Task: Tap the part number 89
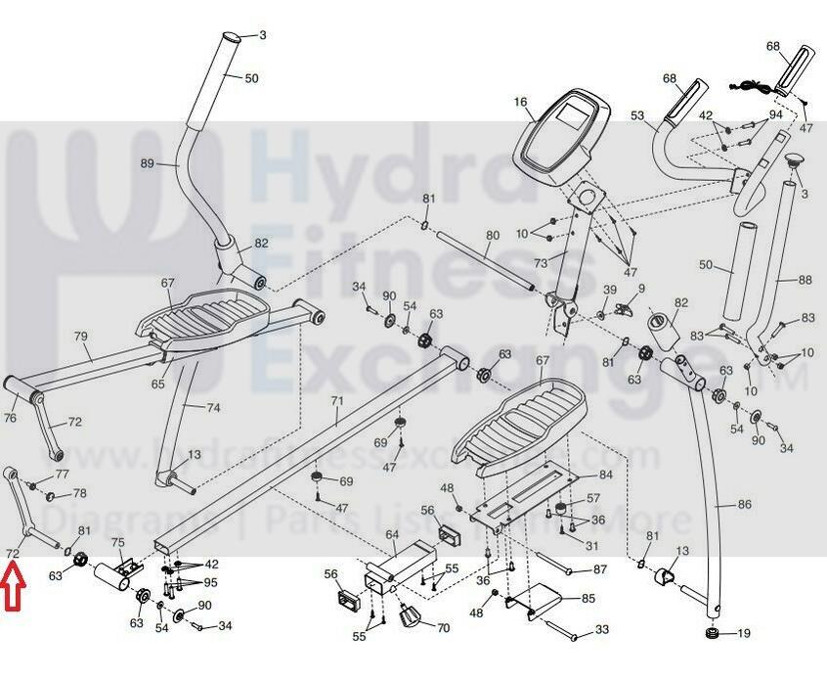[x=148, y=163]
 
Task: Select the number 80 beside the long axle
[x=493, y=236]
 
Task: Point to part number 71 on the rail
[x=337, y=401]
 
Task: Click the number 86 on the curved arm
[x=745, y=505]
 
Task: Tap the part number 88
[x=805, y=281]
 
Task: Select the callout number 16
[x=520, y=102]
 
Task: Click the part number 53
[x=637, y=116]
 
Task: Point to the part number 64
[x=392, y=534]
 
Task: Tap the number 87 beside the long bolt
[x=600, y=569]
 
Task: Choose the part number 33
[x=602, y=629]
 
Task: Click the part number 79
[x=81, y=337]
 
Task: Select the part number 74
[x=213, y=406]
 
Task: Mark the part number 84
[x=606, y=475]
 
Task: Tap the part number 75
[x=117, y=542]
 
